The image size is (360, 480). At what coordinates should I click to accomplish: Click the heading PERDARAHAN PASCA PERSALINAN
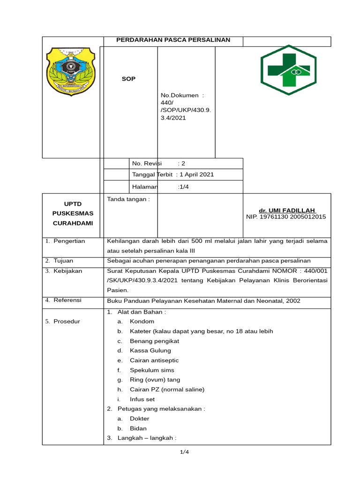[173, 40]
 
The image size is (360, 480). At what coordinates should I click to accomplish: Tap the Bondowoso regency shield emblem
[70, 71]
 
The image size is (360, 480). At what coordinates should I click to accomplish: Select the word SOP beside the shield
[129, 79]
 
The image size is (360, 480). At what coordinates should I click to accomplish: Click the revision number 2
[183, 164]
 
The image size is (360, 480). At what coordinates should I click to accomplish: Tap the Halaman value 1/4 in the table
[183, 187]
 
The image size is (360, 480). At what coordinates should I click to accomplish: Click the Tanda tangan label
[128, 199]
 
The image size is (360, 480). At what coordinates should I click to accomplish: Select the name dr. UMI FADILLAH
[288, 210]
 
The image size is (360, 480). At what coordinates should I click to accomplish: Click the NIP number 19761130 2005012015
[286, 217]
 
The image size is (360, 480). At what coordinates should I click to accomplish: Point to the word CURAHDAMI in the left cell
[73, 223]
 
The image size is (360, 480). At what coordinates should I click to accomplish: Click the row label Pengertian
[69, 241]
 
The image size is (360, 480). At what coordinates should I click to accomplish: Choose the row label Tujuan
[63, 261]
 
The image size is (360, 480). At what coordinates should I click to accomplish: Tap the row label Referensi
[67, 300]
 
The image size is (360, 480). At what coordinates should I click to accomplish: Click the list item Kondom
[142, 322]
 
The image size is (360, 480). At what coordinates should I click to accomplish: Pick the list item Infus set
[142, 399]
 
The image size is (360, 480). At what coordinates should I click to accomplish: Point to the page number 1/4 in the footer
[184, 452]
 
